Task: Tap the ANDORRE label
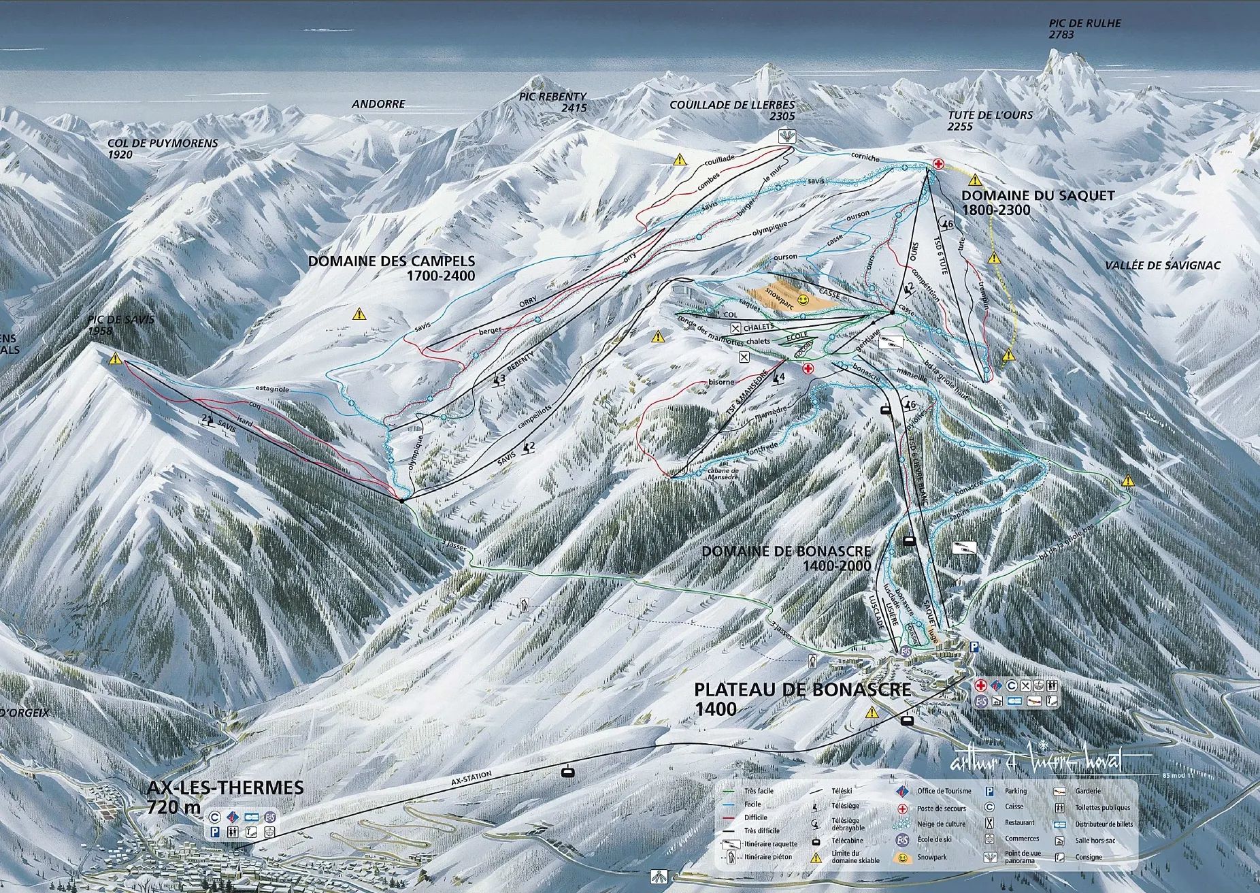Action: [378, 104]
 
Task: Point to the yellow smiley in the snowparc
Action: [804, 300]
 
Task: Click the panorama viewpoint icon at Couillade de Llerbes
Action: [786, 137]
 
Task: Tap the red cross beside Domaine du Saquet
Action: [938, 163]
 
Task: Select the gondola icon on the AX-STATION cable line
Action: [565, 772]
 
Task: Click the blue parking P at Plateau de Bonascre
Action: [974, 647]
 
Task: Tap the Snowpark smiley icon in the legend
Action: [902, 858]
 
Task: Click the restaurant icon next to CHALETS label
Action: [735, 328]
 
